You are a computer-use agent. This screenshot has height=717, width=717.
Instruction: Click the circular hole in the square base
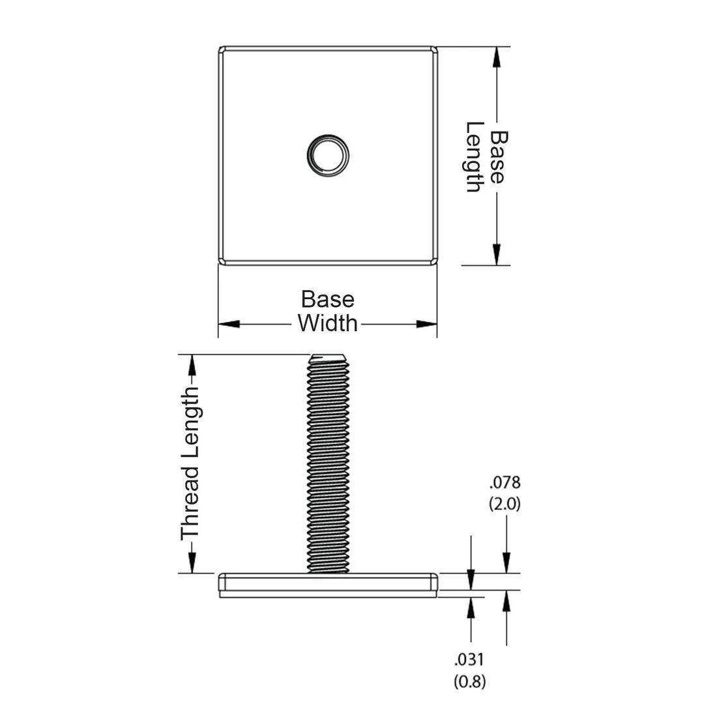(328, 155)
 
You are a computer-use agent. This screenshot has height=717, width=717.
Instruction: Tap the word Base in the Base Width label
(327, 300)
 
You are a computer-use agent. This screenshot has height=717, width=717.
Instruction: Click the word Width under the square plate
(327, 323)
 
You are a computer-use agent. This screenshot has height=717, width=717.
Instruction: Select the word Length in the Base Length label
(474, 156)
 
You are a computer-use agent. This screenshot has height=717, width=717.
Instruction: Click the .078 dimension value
(505, 482)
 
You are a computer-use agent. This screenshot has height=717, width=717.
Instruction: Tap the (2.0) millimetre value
(505, 504)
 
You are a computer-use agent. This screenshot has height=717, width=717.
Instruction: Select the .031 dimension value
(469, 660)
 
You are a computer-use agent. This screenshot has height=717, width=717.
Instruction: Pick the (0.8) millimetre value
(469, 681)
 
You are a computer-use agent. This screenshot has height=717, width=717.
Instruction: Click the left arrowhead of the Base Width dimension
(229, 324)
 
